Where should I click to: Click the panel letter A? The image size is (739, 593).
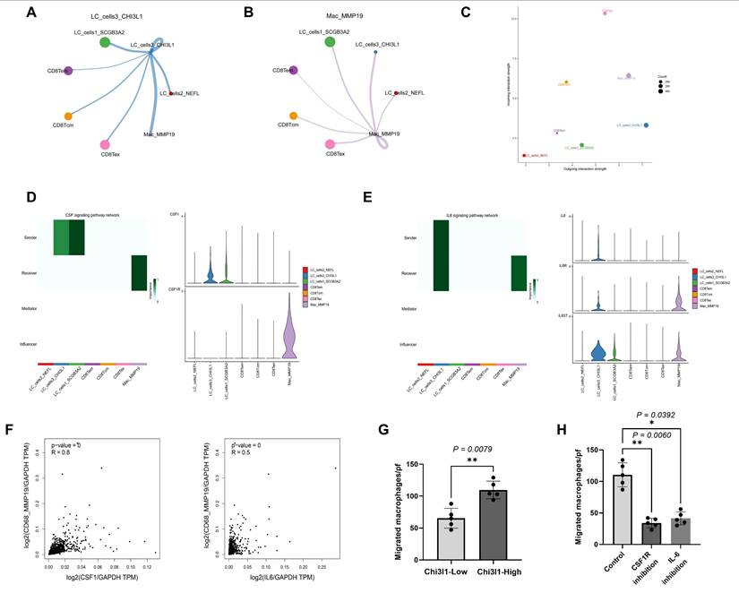[x=32, y=13]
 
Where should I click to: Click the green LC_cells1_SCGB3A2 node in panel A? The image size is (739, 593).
[x=105, y=41]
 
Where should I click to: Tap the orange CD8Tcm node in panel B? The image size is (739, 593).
[x=294, y=116]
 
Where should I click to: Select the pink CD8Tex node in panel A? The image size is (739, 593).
[x=105, y=144]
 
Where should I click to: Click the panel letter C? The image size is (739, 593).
[x=490, y=13]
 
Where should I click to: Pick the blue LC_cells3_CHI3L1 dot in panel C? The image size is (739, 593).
[x=646, y=125]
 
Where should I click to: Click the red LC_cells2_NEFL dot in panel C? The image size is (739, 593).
[x=525, y=156]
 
